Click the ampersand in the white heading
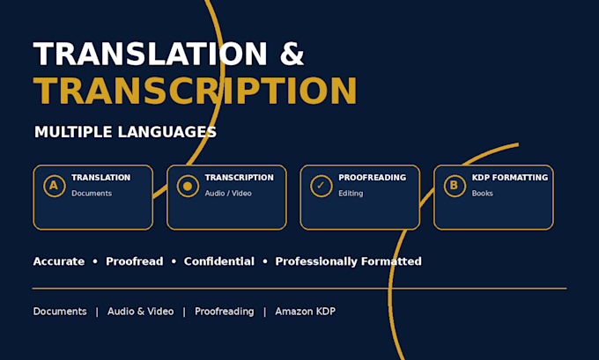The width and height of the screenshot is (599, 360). (x=292, y=54)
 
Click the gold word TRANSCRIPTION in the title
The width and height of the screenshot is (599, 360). (x=196, y=91)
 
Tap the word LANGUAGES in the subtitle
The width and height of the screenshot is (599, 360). (x=167, y=132)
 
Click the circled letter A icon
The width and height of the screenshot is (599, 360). (x=55, y=186)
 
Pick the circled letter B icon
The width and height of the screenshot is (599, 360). (x=455, y=186)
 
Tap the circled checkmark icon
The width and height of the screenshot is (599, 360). (x=321, y=186)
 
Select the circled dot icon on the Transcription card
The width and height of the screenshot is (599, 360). (x=188, y=186)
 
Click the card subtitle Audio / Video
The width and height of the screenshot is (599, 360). (x=228, y=194)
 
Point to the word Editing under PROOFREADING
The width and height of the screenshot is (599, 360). (x=351, y=194)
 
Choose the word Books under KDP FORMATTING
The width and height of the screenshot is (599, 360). (x=482, y=194)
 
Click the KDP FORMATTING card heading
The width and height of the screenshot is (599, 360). (x=510, y=178)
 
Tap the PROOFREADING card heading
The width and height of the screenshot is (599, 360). (x=372, y=178)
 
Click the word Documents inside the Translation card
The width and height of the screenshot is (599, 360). (x=92, y=194)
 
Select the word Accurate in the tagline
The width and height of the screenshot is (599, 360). (x=59, y=261)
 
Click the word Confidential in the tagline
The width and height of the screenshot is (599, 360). (x=218, y=261)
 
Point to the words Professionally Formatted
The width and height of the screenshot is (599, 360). (x=349, y=261)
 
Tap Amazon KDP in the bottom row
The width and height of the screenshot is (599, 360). (x=306, y=312)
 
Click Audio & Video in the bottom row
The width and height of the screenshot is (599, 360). (x=141, y=312)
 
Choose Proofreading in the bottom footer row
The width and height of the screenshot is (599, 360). (x=225, y=312)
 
